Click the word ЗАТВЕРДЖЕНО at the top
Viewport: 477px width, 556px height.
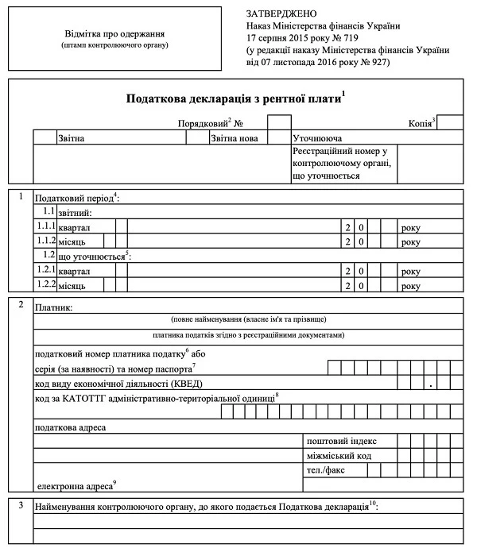[x=281, y=14]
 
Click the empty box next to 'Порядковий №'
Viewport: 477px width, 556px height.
[x=278, y=122]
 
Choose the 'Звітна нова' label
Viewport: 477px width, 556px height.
[x=235, y=137]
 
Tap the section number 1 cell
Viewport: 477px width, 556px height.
[x=21, y=195]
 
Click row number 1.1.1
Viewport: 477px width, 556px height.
[x=46, y=227]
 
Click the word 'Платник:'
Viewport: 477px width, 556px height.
[x=53, y=307]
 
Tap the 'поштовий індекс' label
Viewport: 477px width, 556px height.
[x=341, y=441]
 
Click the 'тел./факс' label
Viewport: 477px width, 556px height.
[x=327, y=470]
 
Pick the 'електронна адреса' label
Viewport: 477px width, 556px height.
[x=76, y=484]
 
